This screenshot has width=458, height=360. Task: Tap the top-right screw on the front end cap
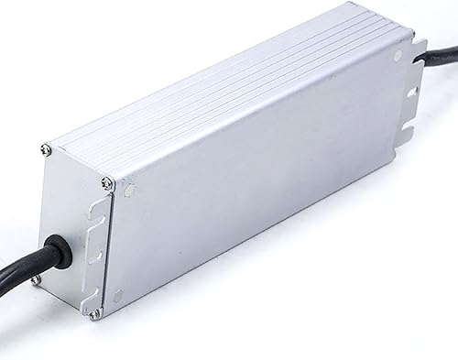coord(109,181)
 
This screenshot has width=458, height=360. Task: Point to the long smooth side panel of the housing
coord(266,192)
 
